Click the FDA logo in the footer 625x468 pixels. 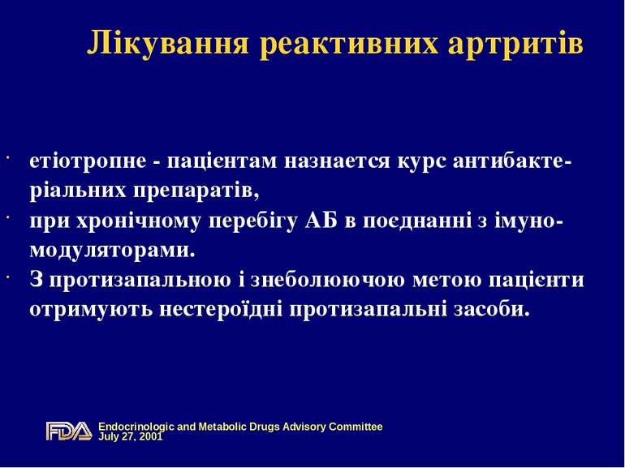(68, 431)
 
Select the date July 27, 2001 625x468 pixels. (130, 436)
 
